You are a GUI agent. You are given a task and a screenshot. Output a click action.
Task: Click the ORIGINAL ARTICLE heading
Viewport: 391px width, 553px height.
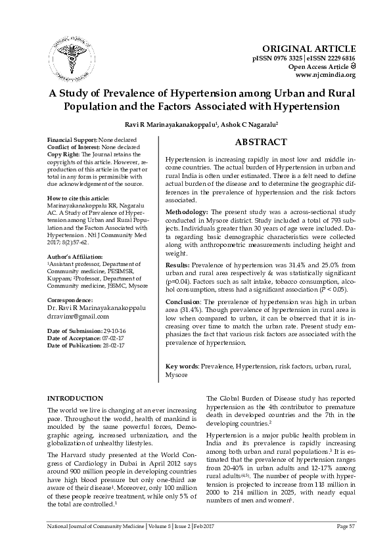(309, 49)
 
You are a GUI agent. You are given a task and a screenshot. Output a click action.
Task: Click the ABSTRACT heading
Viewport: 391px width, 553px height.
(261, 143)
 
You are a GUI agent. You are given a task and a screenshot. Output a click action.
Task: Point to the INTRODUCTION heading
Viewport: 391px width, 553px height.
(76, 398)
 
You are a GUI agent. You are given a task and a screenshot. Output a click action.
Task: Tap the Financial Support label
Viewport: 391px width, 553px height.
(72, 140)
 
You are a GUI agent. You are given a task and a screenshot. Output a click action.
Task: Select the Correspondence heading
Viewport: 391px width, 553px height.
(68, 298)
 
